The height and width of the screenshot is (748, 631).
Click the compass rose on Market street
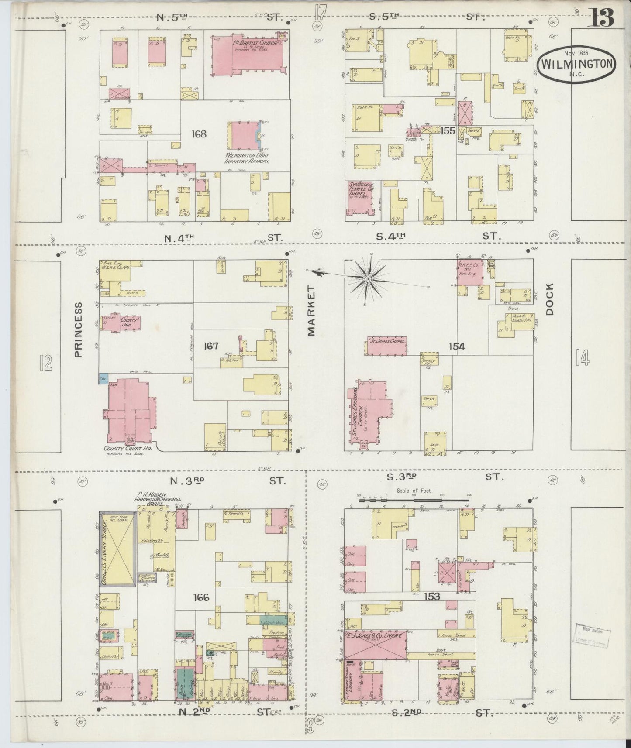point(368,278)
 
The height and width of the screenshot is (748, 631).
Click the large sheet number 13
point(602,17)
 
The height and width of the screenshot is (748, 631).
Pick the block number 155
point(448,130)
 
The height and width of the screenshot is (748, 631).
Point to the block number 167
point(211,346)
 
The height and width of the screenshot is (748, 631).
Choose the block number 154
point(457,347)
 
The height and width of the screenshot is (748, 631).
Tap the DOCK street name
point(549,299)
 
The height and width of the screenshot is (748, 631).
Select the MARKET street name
point(311,311)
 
